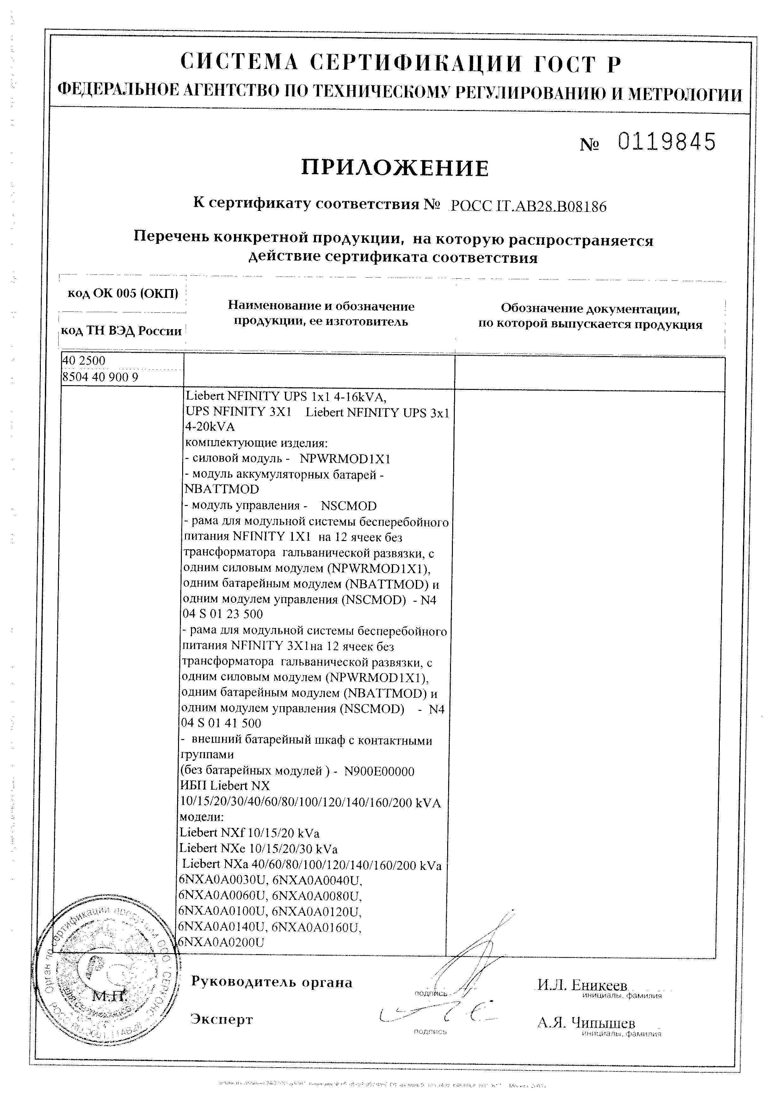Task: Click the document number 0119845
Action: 667,143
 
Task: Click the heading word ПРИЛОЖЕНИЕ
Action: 395,168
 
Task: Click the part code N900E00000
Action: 379,771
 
